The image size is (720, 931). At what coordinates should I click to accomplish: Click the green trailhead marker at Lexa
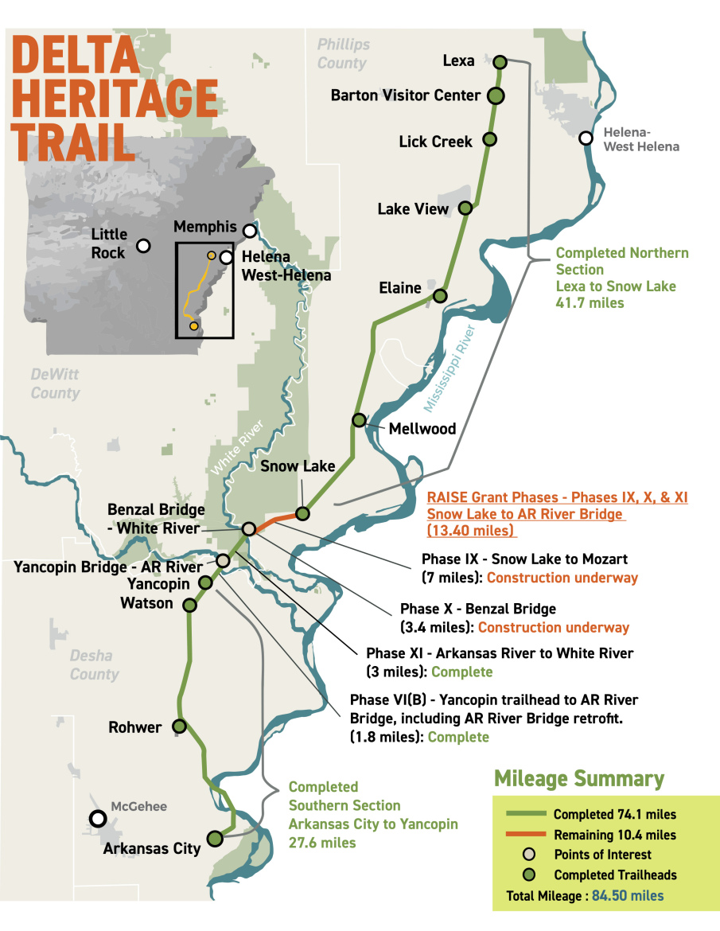coord(500,61)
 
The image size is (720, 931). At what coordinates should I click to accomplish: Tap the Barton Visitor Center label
coord(406,95)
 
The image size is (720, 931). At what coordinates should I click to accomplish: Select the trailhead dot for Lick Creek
coord(490,139)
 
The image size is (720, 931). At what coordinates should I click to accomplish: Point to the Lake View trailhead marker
coord(466,208)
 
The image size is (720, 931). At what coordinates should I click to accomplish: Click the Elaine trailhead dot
coord(439,296)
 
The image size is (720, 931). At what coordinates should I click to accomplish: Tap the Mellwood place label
coord(422,429)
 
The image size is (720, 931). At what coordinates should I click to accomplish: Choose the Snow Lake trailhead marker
coord(302,512)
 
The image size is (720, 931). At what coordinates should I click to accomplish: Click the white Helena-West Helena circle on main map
coord(586,138)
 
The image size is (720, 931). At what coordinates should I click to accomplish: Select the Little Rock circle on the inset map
coord(143,246)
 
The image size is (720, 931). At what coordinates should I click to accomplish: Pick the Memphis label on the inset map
coord(204,227)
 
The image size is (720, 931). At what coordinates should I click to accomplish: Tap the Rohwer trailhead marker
coord(180,726)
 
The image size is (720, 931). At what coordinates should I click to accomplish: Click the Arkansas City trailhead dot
coord(214,838)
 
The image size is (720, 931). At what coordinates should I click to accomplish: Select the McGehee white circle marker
coord(98,818)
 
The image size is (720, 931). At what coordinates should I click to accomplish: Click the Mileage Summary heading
coord(579,778)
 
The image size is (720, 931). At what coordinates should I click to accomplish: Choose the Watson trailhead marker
coord(190,606)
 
